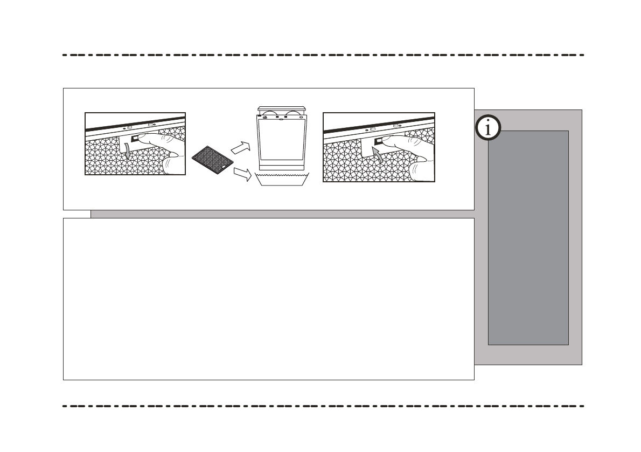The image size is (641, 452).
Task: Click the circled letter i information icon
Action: click(489, 129)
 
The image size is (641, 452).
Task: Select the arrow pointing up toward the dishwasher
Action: click(240, 147)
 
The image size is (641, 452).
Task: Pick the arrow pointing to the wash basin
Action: click(242, 174)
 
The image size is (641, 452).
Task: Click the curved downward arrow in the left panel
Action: click(127, 150)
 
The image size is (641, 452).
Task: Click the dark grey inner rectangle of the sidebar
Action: click(528, 237)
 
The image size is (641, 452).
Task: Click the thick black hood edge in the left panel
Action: click(135, 122)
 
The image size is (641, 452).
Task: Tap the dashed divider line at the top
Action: click(323, 55)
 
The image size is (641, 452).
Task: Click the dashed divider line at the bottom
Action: click(323, 406)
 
